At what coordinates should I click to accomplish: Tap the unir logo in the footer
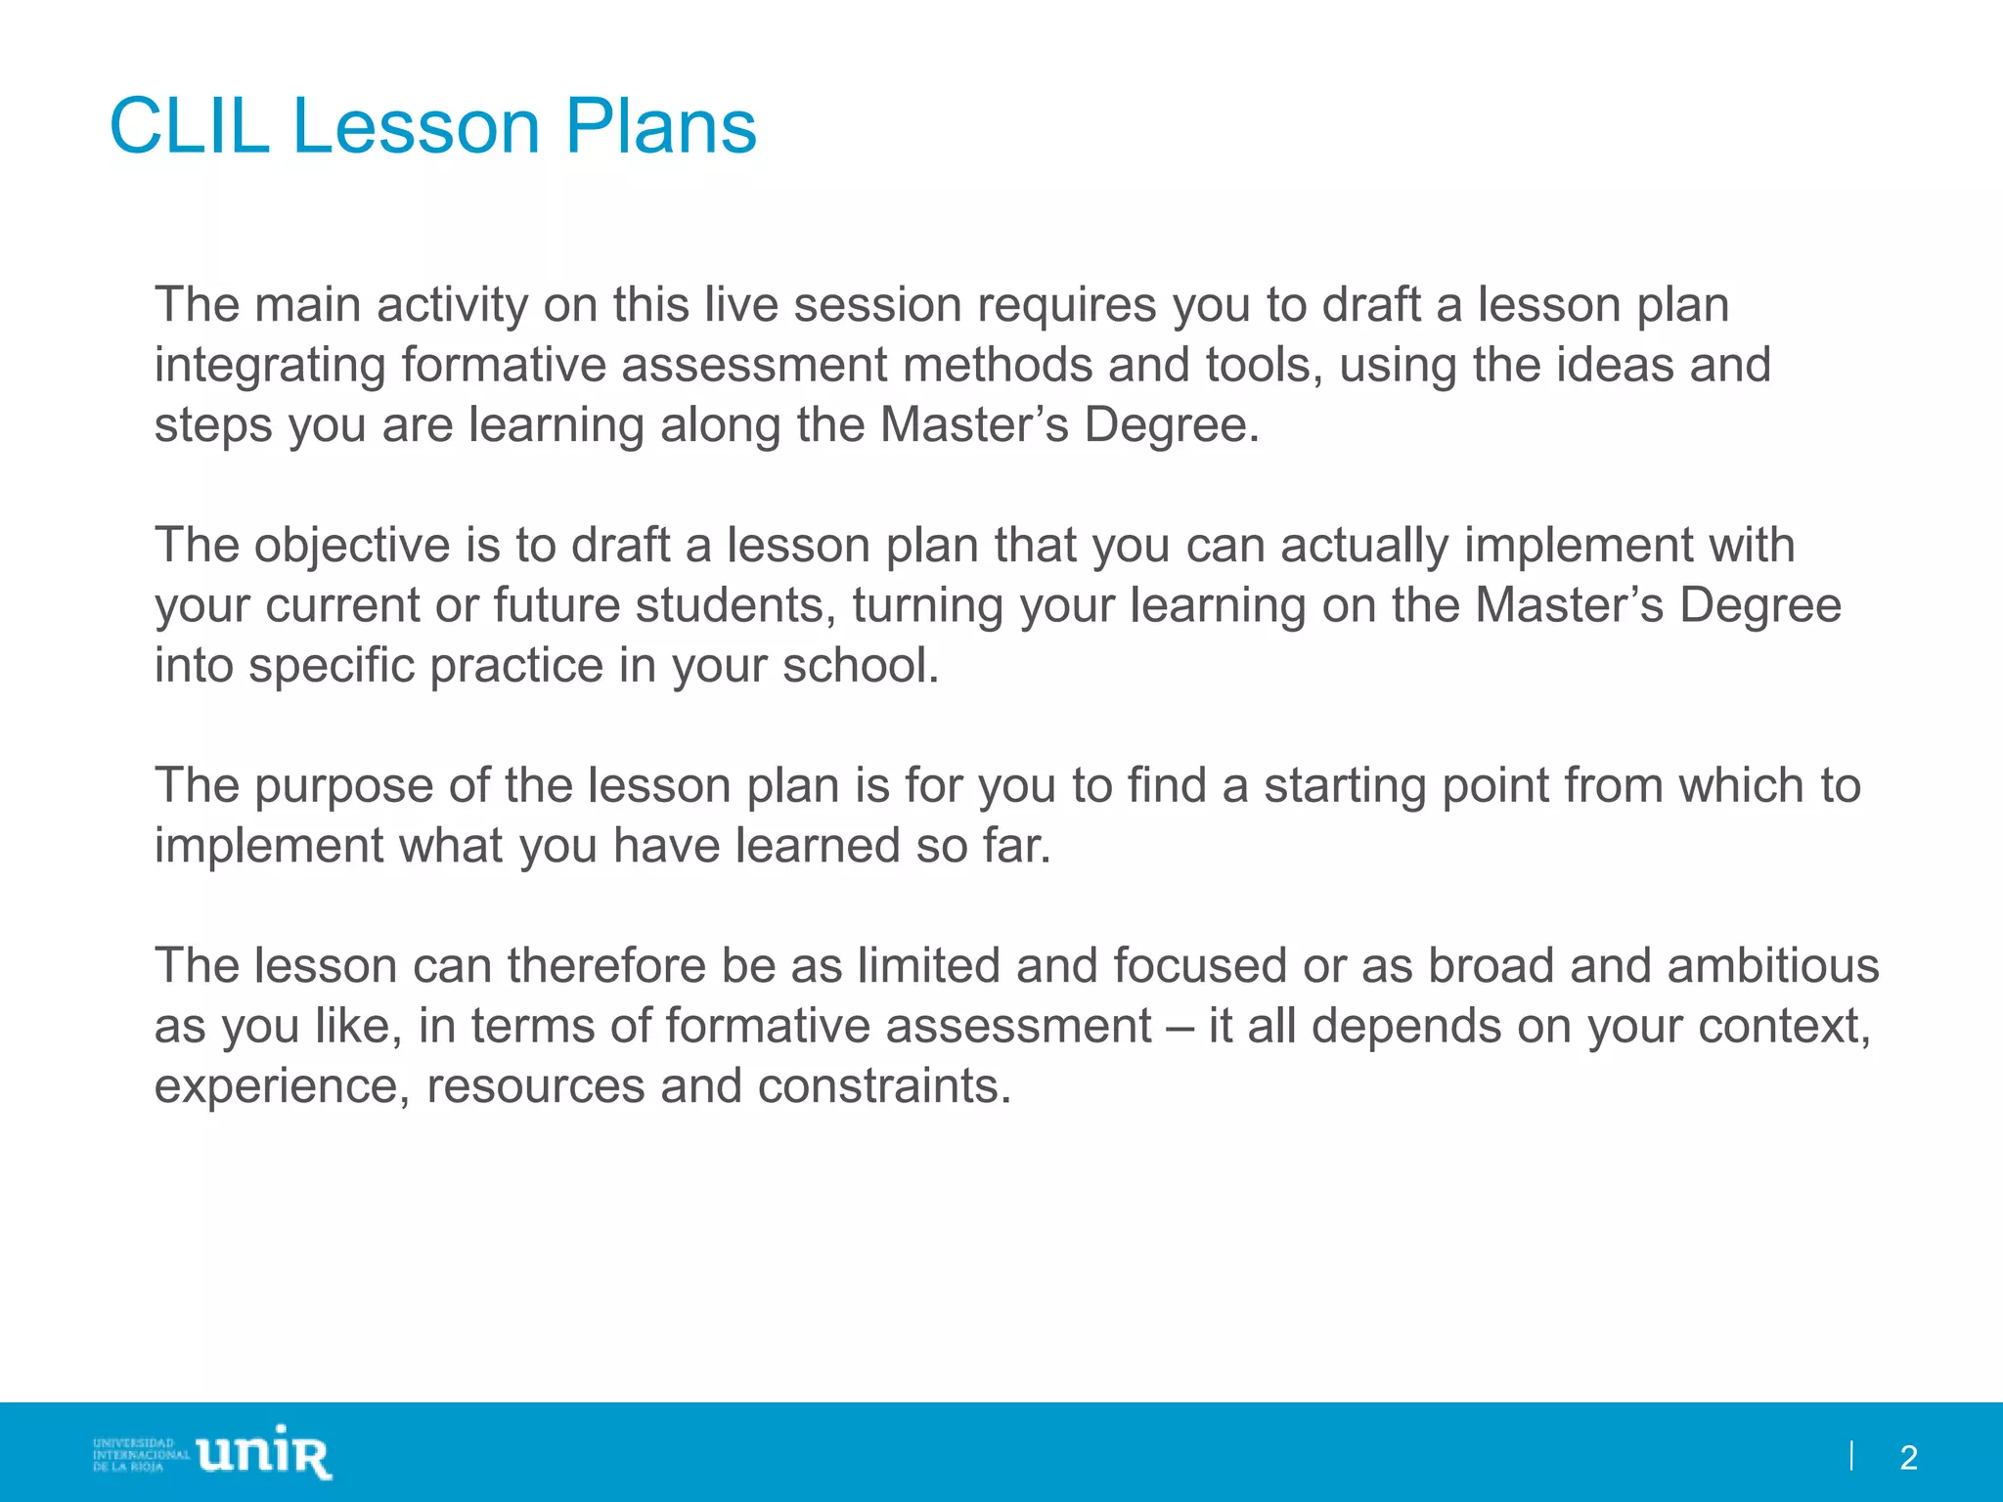tap(264, 1454)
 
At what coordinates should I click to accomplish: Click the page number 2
tap(1908, 1458)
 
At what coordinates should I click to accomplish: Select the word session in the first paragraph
tap(877, 305)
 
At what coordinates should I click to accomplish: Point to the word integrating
tap(270, 367)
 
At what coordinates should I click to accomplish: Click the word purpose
tap(343, 785)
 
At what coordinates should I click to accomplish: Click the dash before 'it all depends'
tap(1180, 1027)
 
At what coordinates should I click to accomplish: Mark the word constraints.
tap(884, 1086)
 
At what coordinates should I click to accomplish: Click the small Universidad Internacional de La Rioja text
tap(140, 1454)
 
